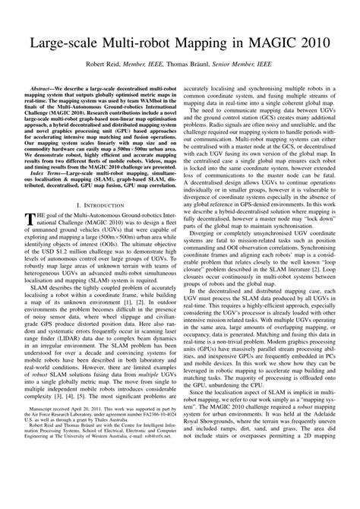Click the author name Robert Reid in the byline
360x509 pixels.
point(122,67)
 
